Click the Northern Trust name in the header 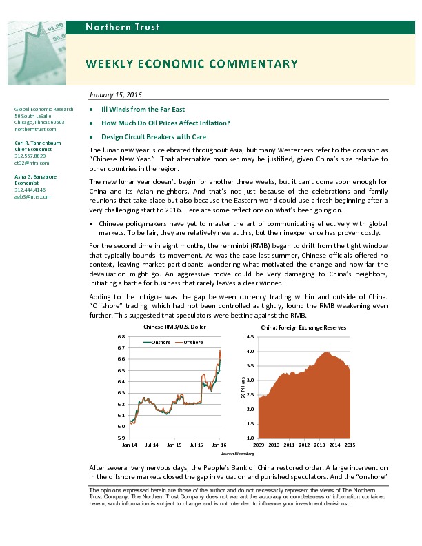(122, 27)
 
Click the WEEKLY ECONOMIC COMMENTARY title (192, 64)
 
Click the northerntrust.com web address (34, 129)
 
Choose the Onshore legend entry (159, 342)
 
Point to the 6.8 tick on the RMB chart (120, 336)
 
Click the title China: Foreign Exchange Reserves (304, 327)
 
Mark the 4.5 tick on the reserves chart (250, 336)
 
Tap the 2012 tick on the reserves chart (304, 445)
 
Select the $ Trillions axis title (243, 387)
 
